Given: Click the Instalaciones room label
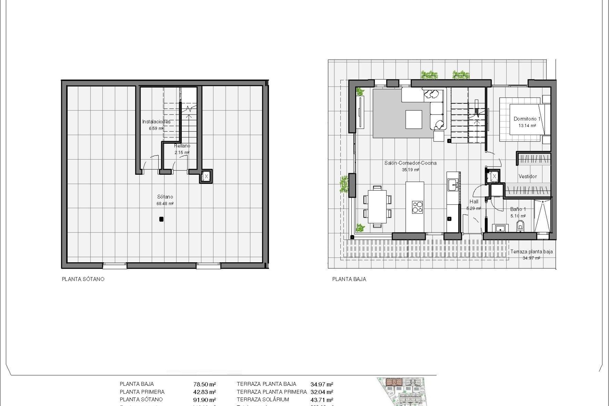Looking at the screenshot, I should click(x=156, y=121).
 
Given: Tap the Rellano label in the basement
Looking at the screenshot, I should click(x=182, y=146).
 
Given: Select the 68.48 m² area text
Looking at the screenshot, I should click(x=165, y=204).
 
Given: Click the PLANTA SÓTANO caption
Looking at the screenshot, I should click(x=83, y=279).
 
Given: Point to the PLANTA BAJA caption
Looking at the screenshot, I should click(x=349, y=279).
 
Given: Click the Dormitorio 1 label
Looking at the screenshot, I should click(x=527, y=119).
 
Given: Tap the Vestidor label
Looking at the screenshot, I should click(x=527, y=176).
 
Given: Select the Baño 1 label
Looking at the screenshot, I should click(x=518, y=209).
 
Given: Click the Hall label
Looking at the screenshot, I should click(x=474, y=201).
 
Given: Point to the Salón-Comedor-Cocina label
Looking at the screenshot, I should click(x=410, y=163).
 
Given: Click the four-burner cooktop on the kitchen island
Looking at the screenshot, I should click(x=417, y=206).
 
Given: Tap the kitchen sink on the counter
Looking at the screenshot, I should click(x=453, y=184).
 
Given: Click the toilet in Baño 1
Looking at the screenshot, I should click(x=520, y=226).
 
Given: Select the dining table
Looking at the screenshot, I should click(x=377, y=206).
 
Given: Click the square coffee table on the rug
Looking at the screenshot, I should click(x=414, y=119).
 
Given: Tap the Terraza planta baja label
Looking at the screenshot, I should click(x=531, y=252).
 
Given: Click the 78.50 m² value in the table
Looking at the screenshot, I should click(x=205, y=384).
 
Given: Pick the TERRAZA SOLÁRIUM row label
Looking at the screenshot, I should click(x=263, y=400).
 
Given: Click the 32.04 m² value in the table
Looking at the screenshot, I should click(x=322, y=392).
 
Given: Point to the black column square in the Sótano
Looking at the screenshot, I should click(x=161, y=219).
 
